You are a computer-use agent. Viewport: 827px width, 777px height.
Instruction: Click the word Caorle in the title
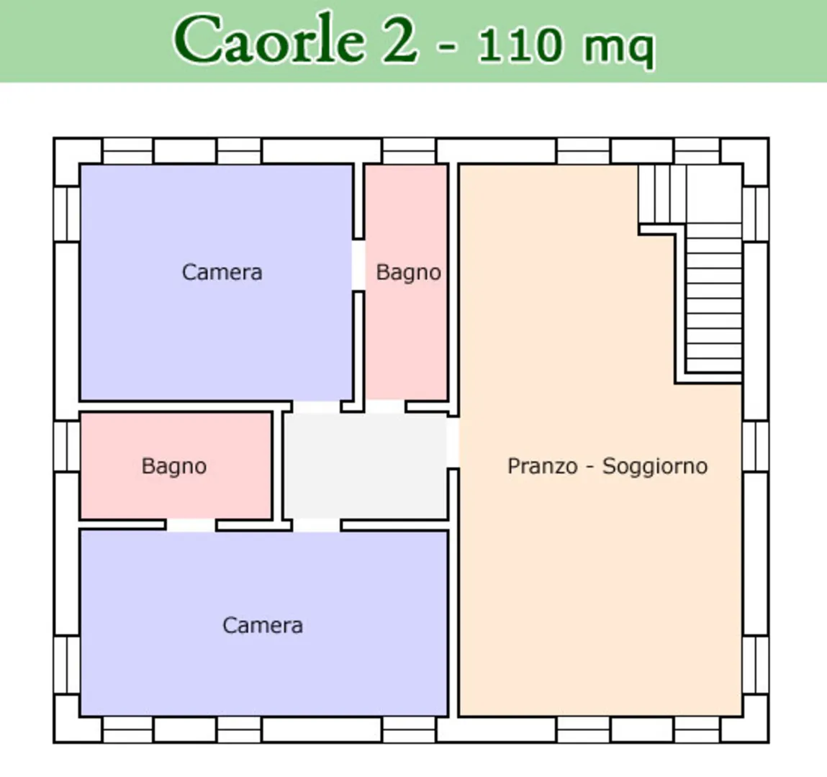click(x=269, y=40)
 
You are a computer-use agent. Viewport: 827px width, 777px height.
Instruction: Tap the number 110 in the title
click(x=520, y=45)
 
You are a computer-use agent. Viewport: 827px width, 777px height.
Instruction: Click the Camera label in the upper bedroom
click(x=222, y=273)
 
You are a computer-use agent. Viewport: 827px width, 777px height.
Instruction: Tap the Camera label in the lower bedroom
click(x=263, y=626)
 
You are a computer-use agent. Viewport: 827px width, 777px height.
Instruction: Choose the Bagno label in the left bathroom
click(x=174, y=466)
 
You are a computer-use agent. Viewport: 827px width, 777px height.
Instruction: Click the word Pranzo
click(x=542, y=466)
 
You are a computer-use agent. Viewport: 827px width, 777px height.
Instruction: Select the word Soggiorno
click(x=654, y=467)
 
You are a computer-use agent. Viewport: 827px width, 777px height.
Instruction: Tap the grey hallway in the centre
click(x=365, y=465)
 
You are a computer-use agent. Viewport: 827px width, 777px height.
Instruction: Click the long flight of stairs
click(x=713, y=298)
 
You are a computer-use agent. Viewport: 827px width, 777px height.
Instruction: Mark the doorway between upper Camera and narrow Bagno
click(x=358, y=265)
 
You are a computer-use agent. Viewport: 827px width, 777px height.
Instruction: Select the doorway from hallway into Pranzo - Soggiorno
click(x=453, y=442)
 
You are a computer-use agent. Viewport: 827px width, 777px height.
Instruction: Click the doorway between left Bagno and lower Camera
click(x=191, y=525)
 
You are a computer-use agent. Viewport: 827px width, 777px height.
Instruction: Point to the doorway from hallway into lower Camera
click(x=317, y=525)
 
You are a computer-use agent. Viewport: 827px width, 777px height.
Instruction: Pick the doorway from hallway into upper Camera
click(x=317, y=407)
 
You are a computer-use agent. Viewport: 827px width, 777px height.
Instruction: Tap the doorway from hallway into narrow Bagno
click(x=385, y=407)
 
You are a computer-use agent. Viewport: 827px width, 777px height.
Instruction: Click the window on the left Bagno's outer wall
click(x=67, y=446)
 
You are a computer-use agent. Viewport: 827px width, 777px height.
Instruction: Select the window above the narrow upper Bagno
click(x=409, y=151)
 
